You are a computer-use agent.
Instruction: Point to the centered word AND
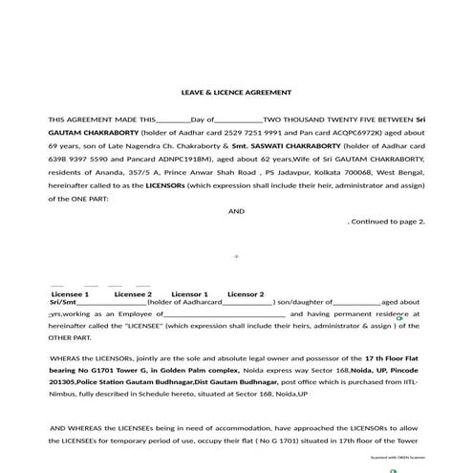[236, 210]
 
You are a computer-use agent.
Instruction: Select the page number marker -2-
[236, 256]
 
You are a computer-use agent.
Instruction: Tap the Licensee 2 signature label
[133, 294]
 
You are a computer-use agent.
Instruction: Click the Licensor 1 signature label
[189, 294]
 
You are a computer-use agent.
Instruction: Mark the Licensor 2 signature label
[246, 294]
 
